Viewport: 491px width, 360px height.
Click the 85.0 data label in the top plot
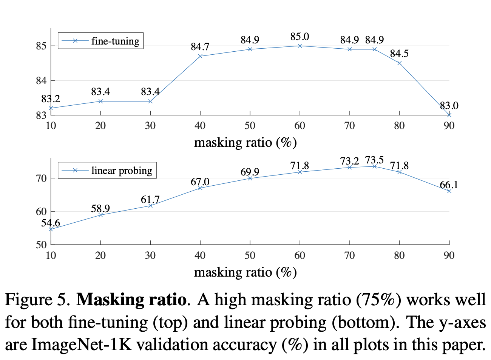point(300,37)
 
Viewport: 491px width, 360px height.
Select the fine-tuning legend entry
point(100,41)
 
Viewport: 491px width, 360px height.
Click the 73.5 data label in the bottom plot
point(374,160)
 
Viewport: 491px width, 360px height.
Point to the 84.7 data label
point(200,47)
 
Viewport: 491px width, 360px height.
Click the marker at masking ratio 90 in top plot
point(449,115)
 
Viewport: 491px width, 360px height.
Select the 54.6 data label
point(51,223)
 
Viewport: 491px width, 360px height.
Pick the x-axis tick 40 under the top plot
point(200,126)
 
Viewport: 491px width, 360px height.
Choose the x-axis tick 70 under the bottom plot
point(349,255)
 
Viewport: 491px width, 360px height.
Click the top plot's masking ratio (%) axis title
point(245,143)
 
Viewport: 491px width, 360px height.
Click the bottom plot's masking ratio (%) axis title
point(245,272)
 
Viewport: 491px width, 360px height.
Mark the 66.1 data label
point(449,185)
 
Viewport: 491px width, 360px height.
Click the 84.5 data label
point(399,54)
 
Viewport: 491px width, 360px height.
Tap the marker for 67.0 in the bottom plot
point(200,188)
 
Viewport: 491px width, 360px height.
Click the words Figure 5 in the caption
point(37,300)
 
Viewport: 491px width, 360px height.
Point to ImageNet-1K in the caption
point(81,345)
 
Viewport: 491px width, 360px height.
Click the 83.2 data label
point(51,99)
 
